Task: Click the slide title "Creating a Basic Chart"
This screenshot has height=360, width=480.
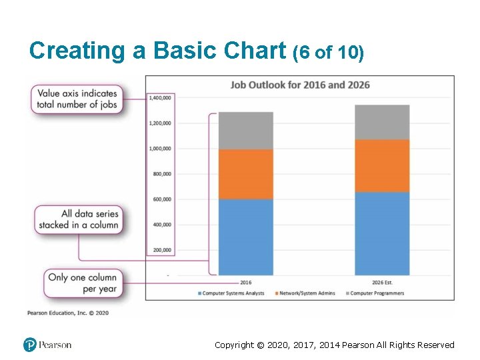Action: click(x=159, y=51)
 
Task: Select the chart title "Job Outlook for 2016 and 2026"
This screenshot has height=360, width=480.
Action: click(x=300, y=85)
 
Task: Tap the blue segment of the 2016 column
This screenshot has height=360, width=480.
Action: click(x=245, y=237)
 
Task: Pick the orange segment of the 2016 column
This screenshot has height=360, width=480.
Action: click(x=245, y=174)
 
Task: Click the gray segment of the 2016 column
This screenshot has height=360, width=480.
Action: click(x=245, y=131)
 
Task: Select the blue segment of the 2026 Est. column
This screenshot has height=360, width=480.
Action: click(x=382, y=233)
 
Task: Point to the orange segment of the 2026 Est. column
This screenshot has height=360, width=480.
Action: click(x=382, y=166)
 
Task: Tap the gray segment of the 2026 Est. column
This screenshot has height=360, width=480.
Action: click(x=382, y=122)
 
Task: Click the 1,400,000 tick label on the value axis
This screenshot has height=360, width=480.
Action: click(x=160, y=98)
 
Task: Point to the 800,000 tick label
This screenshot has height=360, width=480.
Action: click(x=161, y=174)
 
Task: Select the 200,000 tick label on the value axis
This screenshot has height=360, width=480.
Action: click(x=161, y=250)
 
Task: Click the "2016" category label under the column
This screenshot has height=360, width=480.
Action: click(x=245, y=282)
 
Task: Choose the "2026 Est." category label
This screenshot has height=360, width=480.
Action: click(x=382, y=282)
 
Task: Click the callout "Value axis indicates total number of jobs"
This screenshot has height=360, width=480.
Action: click(x=77, y=99)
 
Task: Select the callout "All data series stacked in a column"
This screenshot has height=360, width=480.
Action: click(x=79, y=219)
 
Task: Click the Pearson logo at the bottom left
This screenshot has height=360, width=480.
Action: click(x=47, y=345)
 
